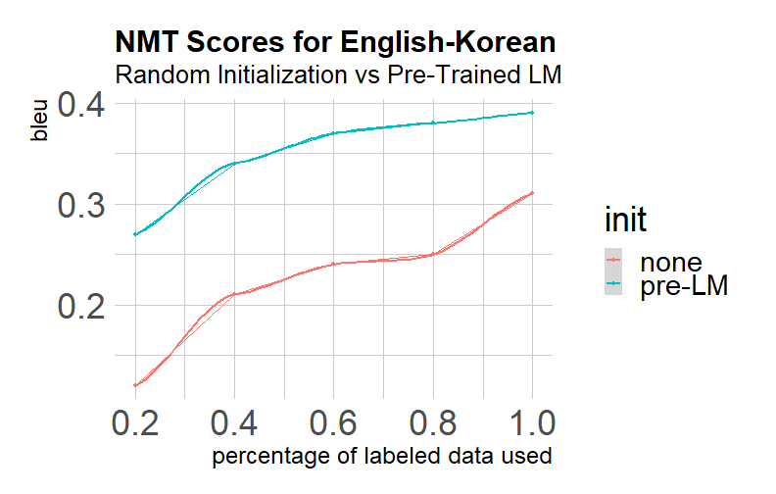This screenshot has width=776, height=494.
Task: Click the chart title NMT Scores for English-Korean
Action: coord(335,41)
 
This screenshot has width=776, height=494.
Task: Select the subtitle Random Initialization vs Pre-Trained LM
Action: coord(338,74)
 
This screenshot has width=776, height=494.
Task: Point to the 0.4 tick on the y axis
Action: coord(81,104)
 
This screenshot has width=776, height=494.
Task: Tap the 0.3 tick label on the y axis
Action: coord(81,205)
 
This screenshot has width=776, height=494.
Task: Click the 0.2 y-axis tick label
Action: coord(81,306)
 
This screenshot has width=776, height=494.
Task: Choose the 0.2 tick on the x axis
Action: coord(135,423)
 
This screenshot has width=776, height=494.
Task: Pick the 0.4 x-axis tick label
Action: coord(234,423)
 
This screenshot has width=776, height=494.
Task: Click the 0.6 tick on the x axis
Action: coord(333,423)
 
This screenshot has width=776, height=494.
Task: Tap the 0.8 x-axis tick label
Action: coord(433,423)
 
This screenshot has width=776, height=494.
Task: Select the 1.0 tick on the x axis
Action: coord(532,423)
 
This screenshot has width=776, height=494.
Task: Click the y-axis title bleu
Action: coord(39,121)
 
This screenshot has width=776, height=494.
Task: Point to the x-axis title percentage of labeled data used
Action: coord(382,456)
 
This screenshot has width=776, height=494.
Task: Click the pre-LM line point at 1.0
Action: coord(532,113)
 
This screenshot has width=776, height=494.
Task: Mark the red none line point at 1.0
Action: coord(532,192)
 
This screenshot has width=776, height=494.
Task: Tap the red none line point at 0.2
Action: coord(135,385)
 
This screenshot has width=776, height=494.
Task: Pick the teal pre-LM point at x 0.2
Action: coord(135,234)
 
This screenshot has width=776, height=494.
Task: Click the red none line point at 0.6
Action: coord(333,264)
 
